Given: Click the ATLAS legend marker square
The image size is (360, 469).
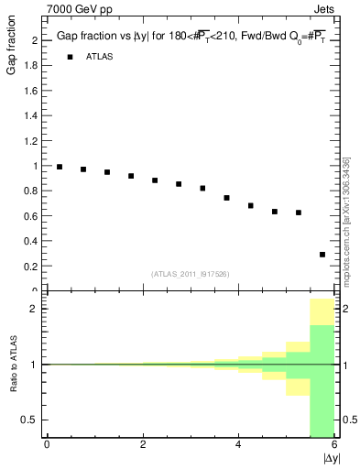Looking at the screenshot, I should (70, 57).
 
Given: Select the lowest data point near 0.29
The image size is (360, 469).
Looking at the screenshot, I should (322, 255).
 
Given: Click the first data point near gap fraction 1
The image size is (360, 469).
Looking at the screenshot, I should (60, 167).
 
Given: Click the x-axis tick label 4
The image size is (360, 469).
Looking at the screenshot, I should (238, 444).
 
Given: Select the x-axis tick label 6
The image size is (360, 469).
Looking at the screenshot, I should (334, 444).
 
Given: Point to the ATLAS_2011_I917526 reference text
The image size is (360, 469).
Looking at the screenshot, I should (191, 274).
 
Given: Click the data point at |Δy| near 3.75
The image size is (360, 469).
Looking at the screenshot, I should (226, 198).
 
